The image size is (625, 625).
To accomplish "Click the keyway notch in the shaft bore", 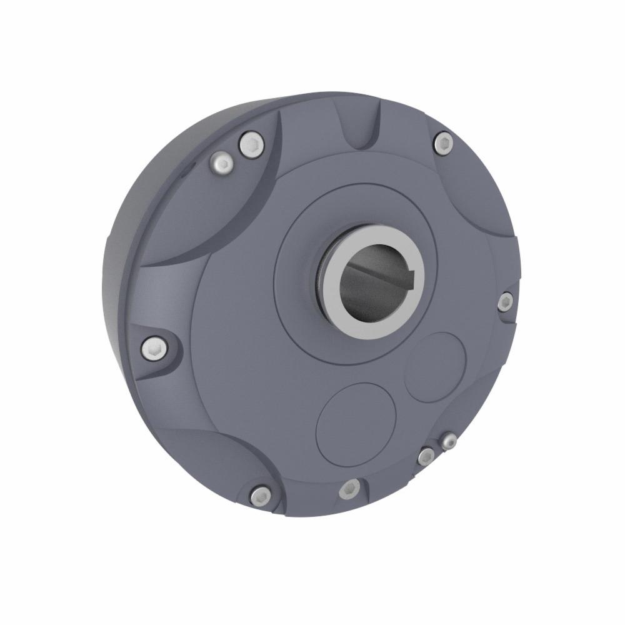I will pyautogui.click(x=417, y=272).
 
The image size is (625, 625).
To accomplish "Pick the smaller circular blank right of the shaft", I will pyautogui.click(x=435, y=366).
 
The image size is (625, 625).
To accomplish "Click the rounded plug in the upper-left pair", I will pyautogui.click(x=222, y=164).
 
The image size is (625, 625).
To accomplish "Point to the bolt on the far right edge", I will pyautogui.click(x=505, y=302).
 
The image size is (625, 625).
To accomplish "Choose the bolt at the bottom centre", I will pyautogui.click(x=350, y=488).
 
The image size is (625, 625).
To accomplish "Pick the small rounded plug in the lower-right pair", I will pyautogui.click(x=447, y=442).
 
